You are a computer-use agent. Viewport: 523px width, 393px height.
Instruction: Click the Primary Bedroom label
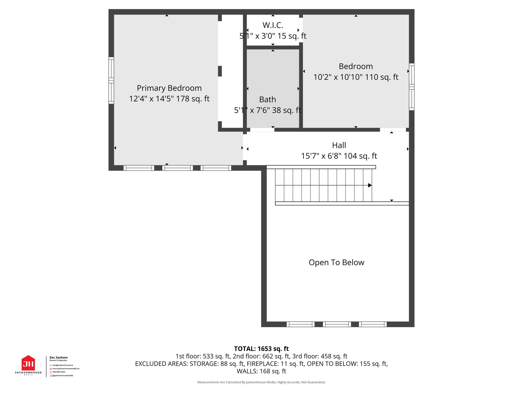pos(169,88)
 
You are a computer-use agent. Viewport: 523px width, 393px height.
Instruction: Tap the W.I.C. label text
pos(273,25)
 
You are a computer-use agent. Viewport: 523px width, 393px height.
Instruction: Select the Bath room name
pos(267,99)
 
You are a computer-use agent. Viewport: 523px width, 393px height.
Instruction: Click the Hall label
pos(339,145)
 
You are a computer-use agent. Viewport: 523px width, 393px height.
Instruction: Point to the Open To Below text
pos(336,263)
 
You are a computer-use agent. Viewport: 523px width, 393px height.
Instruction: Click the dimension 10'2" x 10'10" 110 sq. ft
pos(356,77)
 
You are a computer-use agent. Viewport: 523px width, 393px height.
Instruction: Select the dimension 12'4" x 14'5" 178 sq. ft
pos(169,99)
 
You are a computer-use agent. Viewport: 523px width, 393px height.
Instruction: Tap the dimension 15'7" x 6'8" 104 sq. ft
pos(339,156)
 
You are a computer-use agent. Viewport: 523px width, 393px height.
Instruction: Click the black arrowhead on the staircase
pos(370,185)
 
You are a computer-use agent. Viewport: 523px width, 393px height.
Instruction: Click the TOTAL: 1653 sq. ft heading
pos(261,349)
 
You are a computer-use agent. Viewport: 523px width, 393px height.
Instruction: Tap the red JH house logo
pos(28,363)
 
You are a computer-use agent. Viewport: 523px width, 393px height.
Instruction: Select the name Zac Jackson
pos(58,357)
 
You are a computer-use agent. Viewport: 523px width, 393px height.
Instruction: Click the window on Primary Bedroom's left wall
pos(111,80)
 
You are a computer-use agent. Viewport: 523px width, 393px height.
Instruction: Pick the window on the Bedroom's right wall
pos(411,87)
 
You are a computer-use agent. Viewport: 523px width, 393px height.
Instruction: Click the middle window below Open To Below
pos(337,324)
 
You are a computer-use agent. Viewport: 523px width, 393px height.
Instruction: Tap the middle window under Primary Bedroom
pos(177,168)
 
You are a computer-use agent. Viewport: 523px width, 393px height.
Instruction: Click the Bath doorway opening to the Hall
pos(262,130)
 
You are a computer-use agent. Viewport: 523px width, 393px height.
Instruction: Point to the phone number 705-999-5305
pos(59,372)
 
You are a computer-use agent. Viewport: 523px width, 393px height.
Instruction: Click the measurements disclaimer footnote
pos(261,382)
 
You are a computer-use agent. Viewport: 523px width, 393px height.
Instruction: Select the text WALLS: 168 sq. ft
pos(261,371)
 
